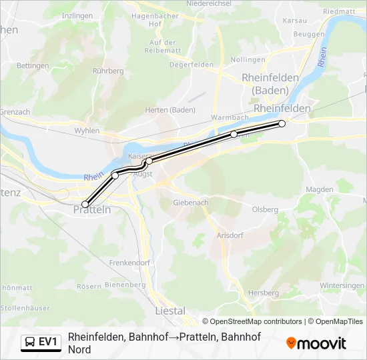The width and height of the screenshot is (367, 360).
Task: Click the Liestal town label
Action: [x=169, y=311]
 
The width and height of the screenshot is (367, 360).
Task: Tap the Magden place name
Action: [x=319, y=189]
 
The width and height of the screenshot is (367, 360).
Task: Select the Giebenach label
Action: [x=191, y=202]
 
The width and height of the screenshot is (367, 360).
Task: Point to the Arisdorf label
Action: [x=230, y=235]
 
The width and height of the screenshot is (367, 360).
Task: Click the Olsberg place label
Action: [x=265, y=209]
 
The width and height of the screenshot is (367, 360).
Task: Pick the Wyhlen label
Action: [x=87, y=131]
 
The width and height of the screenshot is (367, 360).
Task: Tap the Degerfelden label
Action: [x=192, y=65]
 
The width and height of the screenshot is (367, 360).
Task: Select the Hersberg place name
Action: [x=263, y=293]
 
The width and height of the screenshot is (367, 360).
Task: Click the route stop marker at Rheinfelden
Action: [x=282, y=123]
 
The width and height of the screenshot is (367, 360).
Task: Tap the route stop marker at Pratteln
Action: [x=85, y=204]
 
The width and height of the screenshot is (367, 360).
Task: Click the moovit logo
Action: [x=316, y=343]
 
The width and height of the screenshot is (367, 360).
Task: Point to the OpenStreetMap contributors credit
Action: [x=252, y=321]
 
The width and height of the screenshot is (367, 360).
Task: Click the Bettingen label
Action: [x=33, y=65]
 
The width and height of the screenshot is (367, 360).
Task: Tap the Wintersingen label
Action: [x=342, y=285]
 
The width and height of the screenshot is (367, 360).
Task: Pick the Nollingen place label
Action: [x=248, y=59]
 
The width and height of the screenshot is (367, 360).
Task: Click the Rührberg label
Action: [x=108, y=70]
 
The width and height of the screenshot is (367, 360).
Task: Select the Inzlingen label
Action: [x=77, y=15]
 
